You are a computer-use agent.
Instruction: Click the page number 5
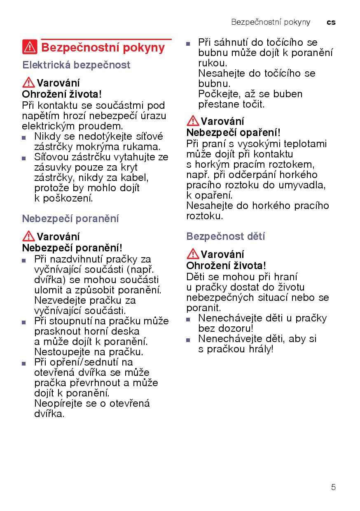(x=333, y=487)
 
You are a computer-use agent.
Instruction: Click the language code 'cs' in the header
(x=331, y=22)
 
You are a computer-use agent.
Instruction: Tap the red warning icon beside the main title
(x=30, y=48)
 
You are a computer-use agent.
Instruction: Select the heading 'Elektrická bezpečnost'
(x=76, y=65)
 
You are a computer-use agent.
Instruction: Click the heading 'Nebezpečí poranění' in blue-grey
(x=70, y=218)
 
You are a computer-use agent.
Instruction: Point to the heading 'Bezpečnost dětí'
(x=225, y=237)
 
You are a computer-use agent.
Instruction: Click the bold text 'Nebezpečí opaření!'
(x=233, y=133)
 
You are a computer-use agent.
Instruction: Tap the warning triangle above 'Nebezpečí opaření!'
(x=192, y=121)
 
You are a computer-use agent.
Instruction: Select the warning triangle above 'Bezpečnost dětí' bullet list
(x=192, y=254)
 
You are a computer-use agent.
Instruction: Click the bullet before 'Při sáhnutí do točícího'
(x=188, y=43)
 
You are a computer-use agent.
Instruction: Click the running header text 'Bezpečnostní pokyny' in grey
(x=271, y=22)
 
